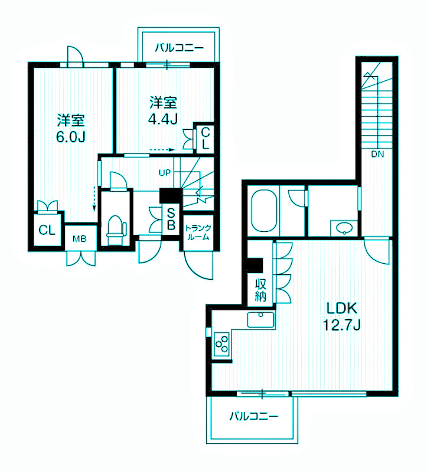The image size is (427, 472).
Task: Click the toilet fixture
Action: tap(116, 230)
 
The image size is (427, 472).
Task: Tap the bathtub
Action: tap(264, 211)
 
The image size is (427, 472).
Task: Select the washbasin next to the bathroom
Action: tap(344, 228)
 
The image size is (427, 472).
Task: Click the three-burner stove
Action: tap(221, 343)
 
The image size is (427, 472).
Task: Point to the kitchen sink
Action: tap(261, 319)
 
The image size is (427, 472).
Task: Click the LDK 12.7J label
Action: tap(342, 316)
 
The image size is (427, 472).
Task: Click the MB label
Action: tap(80, 239)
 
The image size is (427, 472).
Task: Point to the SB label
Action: tap(171, 219)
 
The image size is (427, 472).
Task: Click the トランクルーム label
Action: tap(198, 232)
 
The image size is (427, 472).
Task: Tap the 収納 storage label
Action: tap(261, 290)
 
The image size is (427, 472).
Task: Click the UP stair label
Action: tap(165, 173)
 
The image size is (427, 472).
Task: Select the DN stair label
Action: tap(377, 155)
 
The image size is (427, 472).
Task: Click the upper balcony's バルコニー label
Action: tap(180, 48)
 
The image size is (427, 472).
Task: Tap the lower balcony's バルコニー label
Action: tap(253, 417)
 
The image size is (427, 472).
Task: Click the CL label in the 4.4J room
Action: tap(205, 138)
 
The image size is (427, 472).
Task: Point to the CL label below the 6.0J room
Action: tap(47, 231)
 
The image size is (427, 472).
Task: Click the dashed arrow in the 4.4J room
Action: tap(162, 150)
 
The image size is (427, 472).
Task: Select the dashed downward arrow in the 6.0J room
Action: tap(94, 199)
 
